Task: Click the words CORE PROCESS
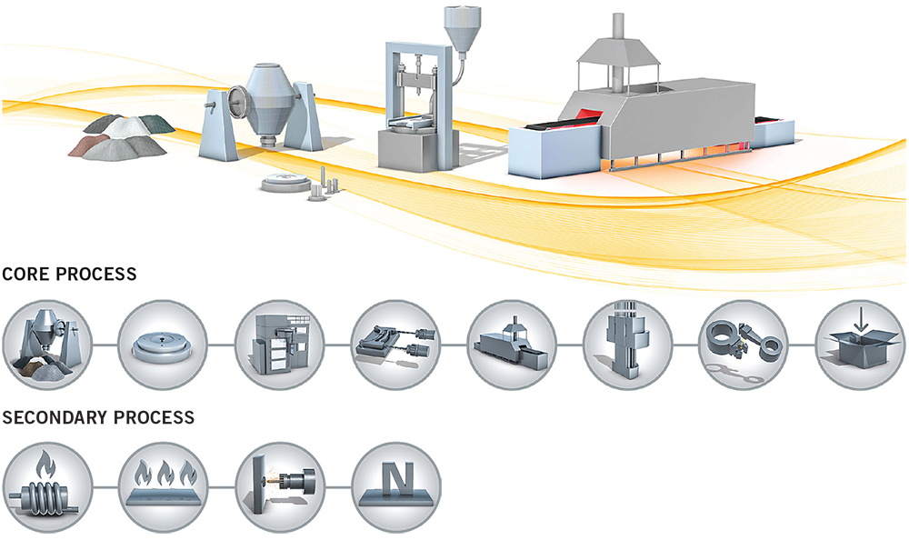pyautogui.click(x=69, y=274)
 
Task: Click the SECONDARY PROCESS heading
pyautogui.click(x=98, y=417)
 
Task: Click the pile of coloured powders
pyautogui.click(x=123, y=136)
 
